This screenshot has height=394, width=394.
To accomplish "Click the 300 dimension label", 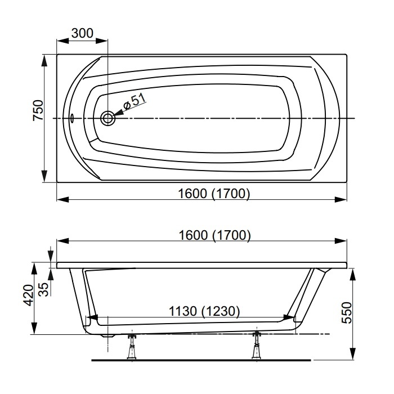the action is [82, 33].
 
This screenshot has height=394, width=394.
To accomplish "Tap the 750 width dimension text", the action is [38, 110].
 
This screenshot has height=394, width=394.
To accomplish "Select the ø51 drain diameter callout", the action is [135, 101].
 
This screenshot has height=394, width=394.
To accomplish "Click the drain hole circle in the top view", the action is [108, 118].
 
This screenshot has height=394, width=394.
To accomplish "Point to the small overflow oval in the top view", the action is [72, 118].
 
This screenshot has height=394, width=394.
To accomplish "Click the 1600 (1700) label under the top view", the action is [214, 194].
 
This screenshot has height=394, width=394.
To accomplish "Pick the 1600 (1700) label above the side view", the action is [214, 235].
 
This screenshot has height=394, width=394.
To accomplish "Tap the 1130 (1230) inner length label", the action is [204, 311].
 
